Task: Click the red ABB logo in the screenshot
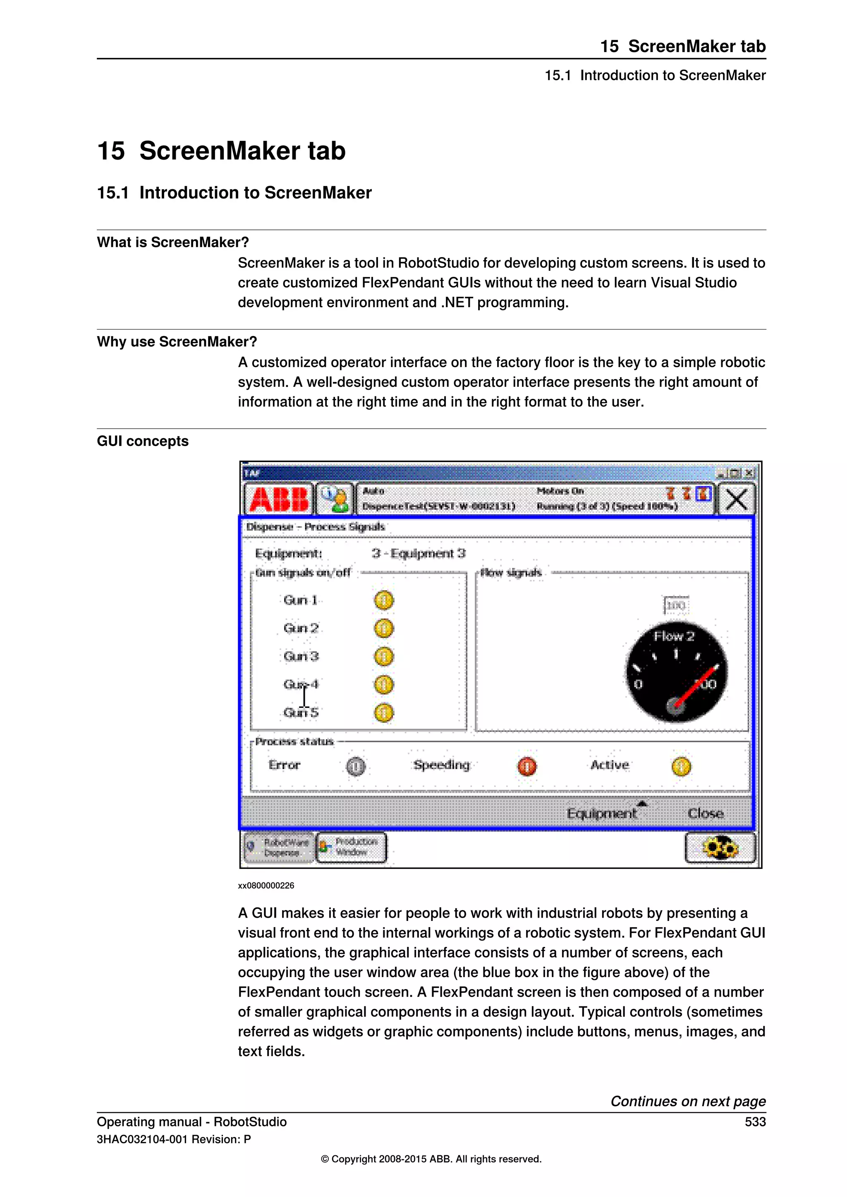279,499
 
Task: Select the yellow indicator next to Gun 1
384,600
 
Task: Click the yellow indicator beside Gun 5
384,712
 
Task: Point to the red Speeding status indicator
527,766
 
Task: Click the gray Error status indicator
356,766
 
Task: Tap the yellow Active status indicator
681,766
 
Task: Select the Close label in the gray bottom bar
705,813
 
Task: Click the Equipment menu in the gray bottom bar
601,813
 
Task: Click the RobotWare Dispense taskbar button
279,847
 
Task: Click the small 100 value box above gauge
676,605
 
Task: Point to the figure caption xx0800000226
266,885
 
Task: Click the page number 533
755,1121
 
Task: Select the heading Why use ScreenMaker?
177,341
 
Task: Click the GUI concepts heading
142,441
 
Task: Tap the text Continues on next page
688,1101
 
